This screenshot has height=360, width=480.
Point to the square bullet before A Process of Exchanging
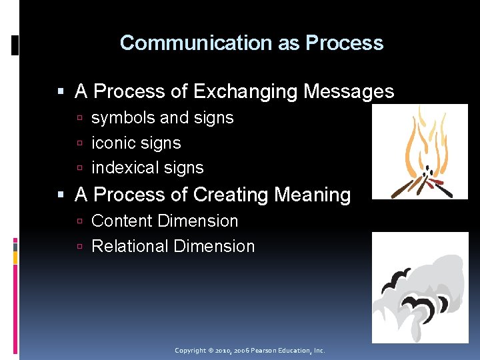(62, 92)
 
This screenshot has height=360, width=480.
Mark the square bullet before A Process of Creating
(62, 195)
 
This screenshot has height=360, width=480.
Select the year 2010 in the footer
(223, 350)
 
